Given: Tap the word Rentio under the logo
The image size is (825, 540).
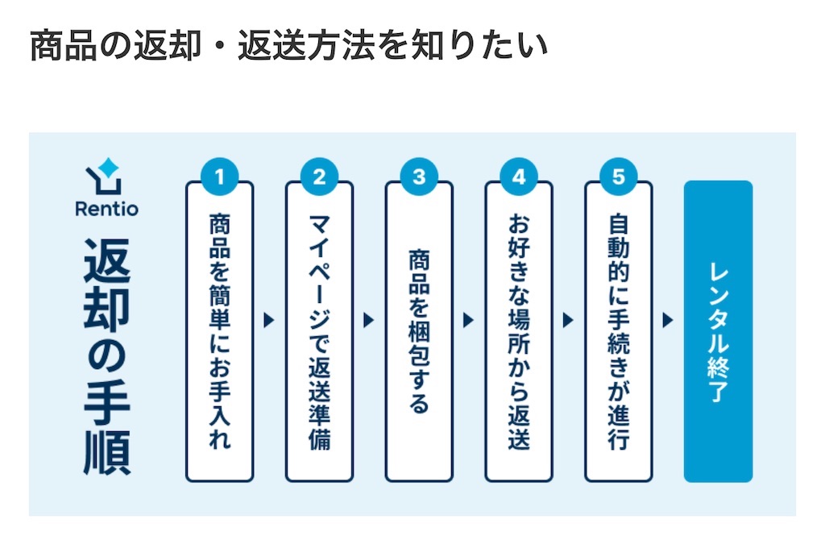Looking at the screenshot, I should click(x=106, y=209).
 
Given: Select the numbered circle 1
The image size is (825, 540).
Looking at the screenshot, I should click(x=219, y=177).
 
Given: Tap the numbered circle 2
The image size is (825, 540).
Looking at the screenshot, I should click(x=319, y=177).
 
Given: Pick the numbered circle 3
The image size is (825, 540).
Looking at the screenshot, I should click(x=419, y=177).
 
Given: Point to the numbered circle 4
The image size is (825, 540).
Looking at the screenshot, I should click(x=519, y=177).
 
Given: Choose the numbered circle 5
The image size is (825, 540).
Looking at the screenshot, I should click(x=619, y=177).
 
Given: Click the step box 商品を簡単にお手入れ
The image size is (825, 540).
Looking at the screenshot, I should click(x=219, y=331).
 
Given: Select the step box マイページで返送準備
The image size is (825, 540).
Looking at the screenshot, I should click(x=319, y=331).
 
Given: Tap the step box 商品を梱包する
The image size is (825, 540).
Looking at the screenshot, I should click(x=419, y=331).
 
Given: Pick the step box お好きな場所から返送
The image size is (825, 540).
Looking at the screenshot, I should click(x=519, y=331).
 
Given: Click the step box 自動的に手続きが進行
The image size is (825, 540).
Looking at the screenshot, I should click(x=619, y=331).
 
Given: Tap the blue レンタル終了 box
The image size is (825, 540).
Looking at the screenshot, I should click(x=718, y=331).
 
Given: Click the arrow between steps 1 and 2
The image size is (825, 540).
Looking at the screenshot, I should click(x=269, y=320).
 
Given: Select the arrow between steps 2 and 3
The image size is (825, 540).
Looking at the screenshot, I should click(x=369, y=320).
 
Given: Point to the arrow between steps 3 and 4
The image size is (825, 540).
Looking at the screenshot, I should click(x=469, y=320).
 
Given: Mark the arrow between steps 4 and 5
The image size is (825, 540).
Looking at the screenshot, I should click(x=569, y=320).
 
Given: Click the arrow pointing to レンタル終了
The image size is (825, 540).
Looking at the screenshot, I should click(x=668, y=320).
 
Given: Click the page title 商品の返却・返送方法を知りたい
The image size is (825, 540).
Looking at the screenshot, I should click(x=288, y=46).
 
